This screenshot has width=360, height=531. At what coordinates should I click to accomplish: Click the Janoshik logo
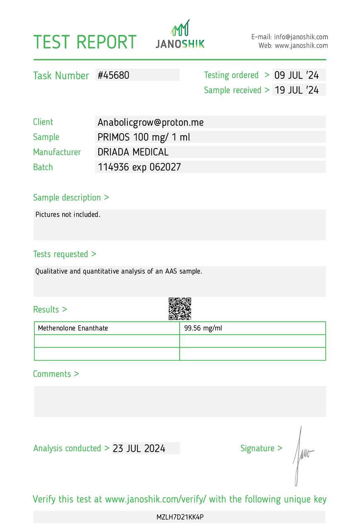tap(180, 34)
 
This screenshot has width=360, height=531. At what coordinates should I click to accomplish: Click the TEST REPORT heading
tap(85, 42)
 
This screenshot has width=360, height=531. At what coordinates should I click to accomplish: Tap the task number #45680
tap(114, 75)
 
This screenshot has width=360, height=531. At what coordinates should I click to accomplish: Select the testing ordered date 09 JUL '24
tap(297, 75)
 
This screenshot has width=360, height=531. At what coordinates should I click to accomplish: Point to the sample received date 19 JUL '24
tap(297, 90)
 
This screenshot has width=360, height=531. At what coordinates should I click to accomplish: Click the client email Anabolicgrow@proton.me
tap(151, 122)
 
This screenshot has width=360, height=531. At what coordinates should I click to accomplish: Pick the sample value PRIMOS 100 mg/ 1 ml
tap(144, 137)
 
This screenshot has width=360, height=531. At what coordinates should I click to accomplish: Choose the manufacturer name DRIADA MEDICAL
tap(133, 152)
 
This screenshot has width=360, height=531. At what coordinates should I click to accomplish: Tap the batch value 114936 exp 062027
tap(139, 167)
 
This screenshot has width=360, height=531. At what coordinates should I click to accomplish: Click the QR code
tap(180, 309)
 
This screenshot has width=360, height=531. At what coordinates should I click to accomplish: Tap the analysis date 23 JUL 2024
tap(139, 448)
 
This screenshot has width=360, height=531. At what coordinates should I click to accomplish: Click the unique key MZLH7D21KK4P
tap(180, 517)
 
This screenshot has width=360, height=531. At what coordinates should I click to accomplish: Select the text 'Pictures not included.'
tap(68, 215)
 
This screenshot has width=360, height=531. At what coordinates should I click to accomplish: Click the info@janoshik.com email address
tap(301, 37)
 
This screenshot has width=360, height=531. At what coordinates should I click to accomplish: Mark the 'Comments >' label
tap(56, 374)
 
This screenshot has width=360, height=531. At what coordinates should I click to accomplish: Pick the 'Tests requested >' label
tap(65, 254)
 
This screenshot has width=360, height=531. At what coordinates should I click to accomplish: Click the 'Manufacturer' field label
tap(57, 152)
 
